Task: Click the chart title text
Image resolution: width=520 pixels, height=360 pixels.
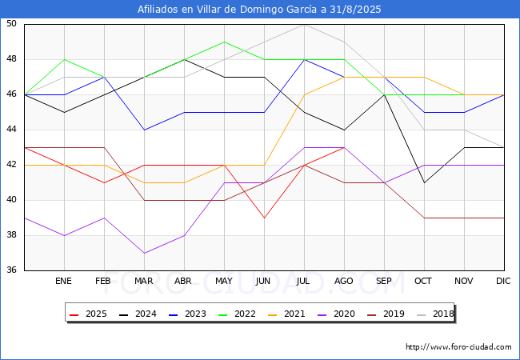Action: [x=259, y=10]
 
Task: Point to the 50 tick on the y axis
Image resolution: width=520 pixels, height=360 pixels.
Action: [x=12, y=24]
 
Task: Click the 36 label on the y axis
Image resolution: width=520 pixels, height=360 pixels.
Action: [x=12, y=270]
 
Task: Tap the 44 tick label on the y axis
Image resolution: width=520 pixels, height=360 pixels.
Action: [x=12, y=130]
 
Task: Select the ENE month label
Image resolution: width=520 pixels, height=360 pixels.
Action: [x=63, y=282]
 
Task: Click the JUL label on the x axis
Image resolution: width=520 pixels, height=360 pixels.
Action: [x=303, y=282]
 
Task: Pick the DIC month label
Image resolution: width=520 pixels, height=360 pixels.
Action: [x=503, y=282]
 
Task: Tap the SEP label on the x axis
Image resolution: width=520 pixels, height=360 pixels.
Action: [x=383, y=282]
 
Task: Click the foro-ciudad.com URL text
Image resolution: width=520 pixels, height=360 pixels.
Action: [x=458, y=347]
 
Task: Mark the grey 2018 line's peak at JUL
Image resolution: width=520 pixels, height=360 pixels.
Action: [x=303, y=24]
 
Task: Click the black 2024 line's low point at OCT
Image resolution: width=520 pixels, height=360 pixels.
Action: [x=423, y=182]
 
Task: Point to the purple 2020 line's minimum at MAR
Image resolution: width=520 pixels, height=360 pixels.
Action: [x=143, y=253]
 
